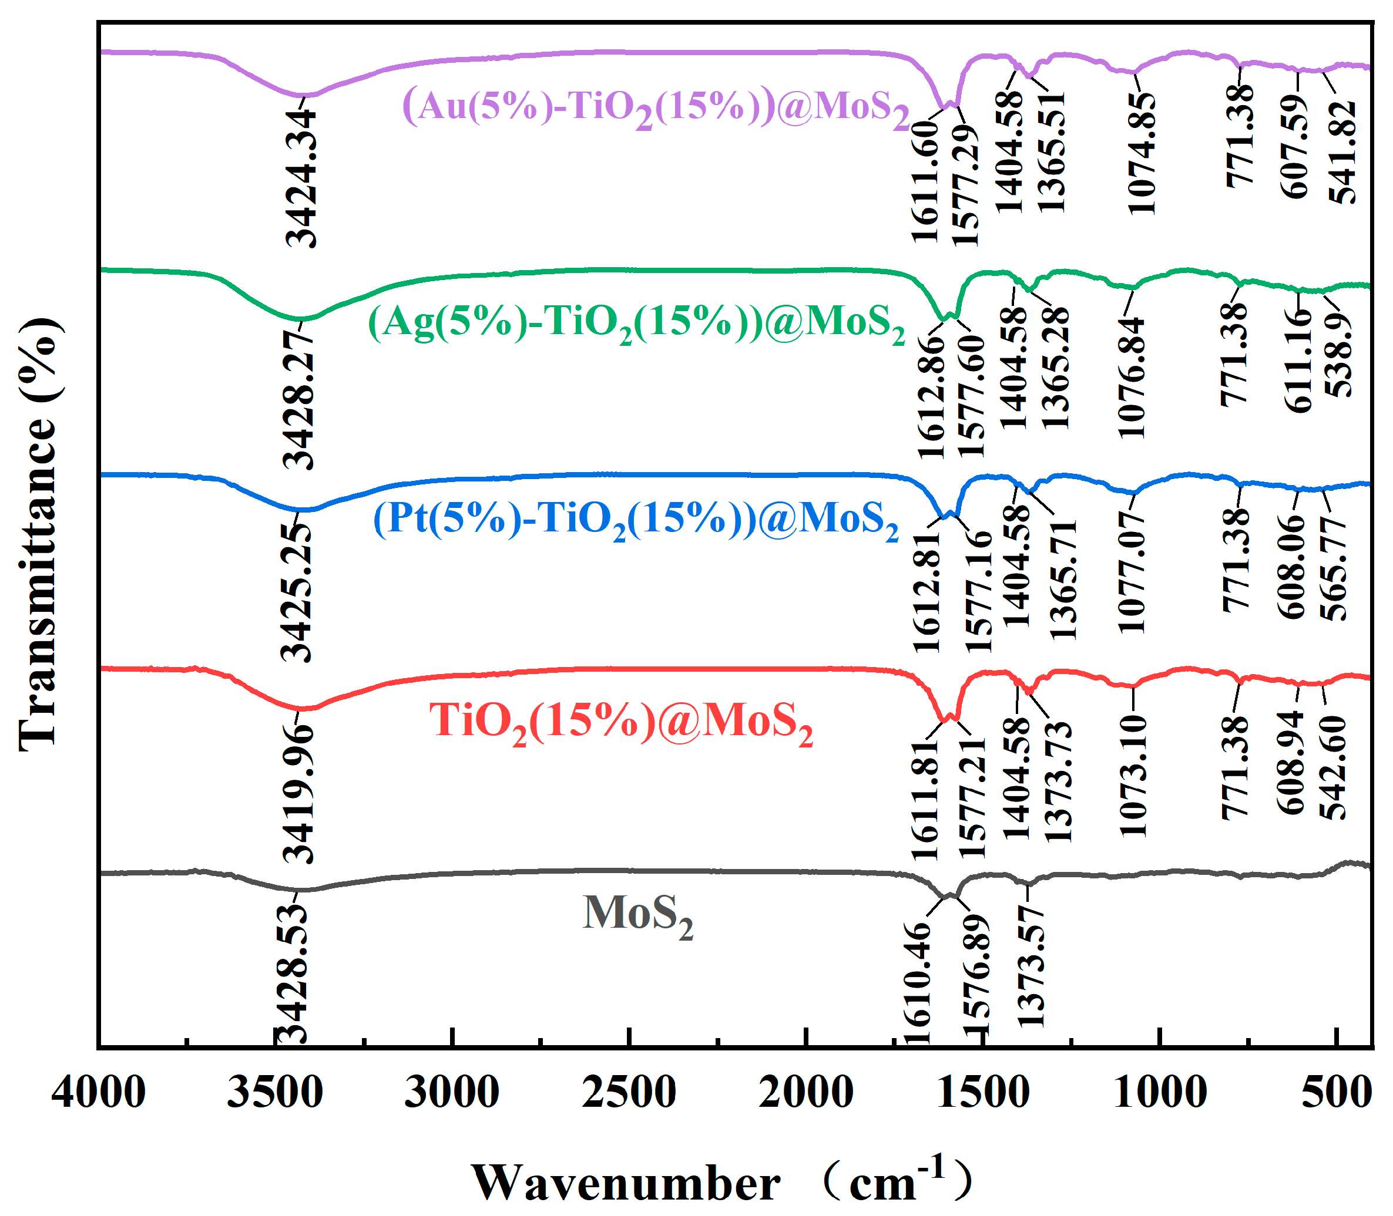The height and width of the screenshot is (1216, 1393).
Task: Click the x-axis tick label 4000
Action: click(99, 1094)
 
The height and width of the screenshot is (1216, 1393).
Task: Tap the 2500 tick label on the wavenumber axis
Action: click(629, 1094)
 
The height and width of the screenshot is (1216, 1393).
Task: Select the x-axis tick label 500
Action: click(1336, 1094)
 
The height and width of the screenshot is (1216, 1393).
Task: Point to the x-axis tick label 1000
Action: click(1160, 1094)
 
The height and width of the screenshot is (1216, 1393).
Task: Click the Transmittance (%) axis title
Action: click(39, 535)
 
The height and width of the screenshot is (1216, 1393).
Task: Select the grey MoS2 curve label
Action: click(638, 915)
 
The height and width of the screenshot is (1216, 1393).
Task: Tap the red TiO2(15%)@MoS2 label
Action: click(621, 722)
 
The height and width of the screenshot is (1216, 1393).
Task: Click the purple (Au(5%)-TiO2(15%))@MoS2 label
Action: click(656, 107)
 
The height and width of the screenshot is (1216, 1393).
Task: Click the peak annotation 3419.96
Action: click(298, 794)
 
